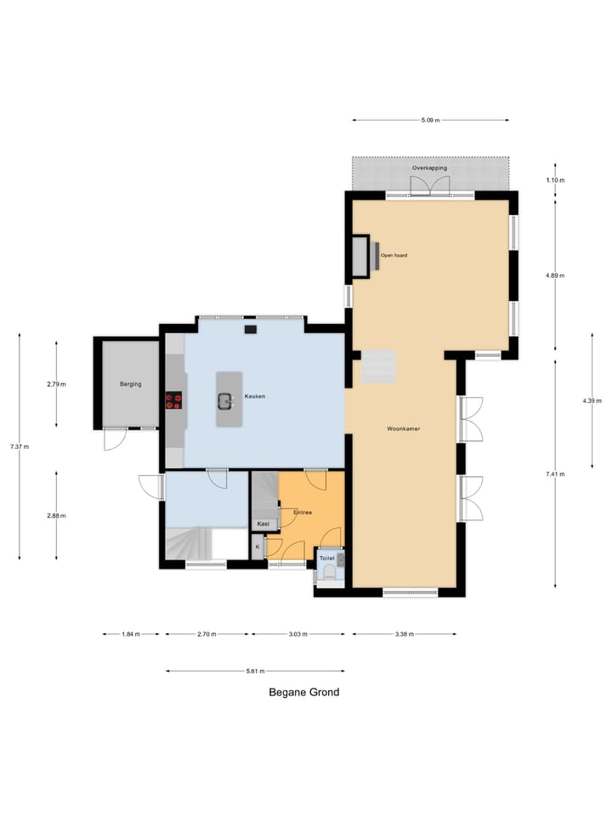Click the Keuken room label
pyautogui.click(x=254, y=397)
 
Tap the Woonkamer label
pyautogui.click(x=403, y=428)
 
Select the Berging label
pyautogui.click(x=131, y=384)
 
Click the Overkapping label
pyautogui.click(x=429, y=168)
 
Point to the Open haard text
pyautogui.click(x=394, y=256)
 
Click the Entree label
pyautogui.click(x=303, y=513)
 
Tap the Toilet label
pyautogui.click(x=326, y=558)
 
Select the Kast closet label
pyautogui.click(x=263, y=524)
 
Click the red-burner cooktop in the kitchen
pyautogui.click(x=173, y=400)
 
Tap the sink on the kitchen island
pyautogui.click(x=225, y=401)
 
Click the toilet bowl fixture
pyautogui.click(x=329, y=573)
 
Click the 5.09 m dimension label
pyautogui.click(x=430, y=120)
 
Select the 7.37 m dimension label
pyautogui.click(x=20, y=446)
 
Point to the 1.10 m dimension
pyautogui.click(x=555, y=180)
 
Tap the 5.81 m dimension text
pyautogui.click(x=255, y=671)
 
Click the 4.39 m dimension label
pyautogui.click(x=592, y=400)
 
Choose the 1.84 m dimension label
pyautogui.click(x=131, y=634)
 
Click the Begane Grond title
pyautogui.click(x=304, y=692)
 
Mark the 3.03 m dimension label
pyautogui.click(x=297, y=634)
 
